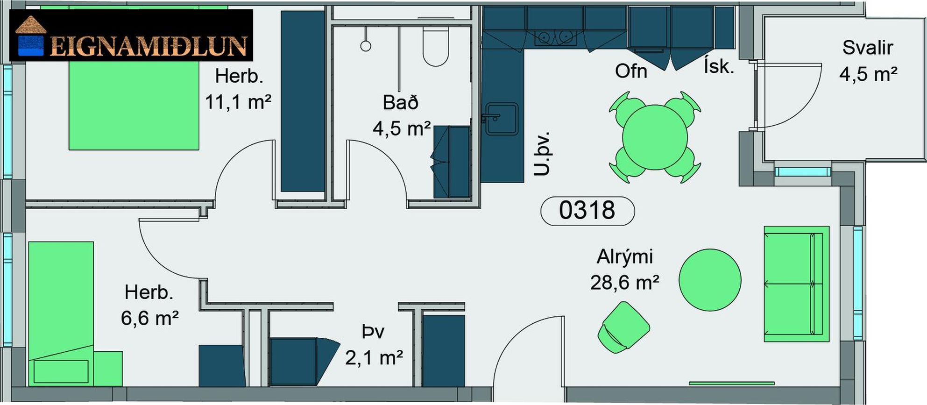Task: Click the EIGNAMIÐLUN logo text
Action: coord(148,46)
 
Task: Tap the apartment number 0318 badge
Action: coord(587,211)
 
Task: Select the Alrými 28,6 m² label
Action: coord(625,270)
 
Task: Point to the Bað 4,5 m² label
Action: coord(402,115)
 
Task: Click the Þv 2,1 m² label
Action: coord(374,345)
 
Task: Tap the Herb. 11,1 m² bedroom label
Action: coord(238,89)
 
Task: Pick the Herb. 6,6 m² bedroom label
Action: coord(149,305)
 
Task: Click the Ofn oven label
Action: coord(631,71)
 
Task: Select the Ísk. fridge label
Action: coord(719,66)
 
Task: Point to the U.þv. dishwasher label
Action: coord(542,154)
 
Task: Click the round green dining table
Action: coord(655,137)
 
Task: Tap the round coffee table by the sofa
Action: coord(710,280)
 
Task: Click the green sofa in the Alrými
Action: coord(797,284)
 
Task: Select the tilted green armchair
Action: coord(623,327)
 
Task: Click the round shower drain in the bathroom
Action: coord(366,46)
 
